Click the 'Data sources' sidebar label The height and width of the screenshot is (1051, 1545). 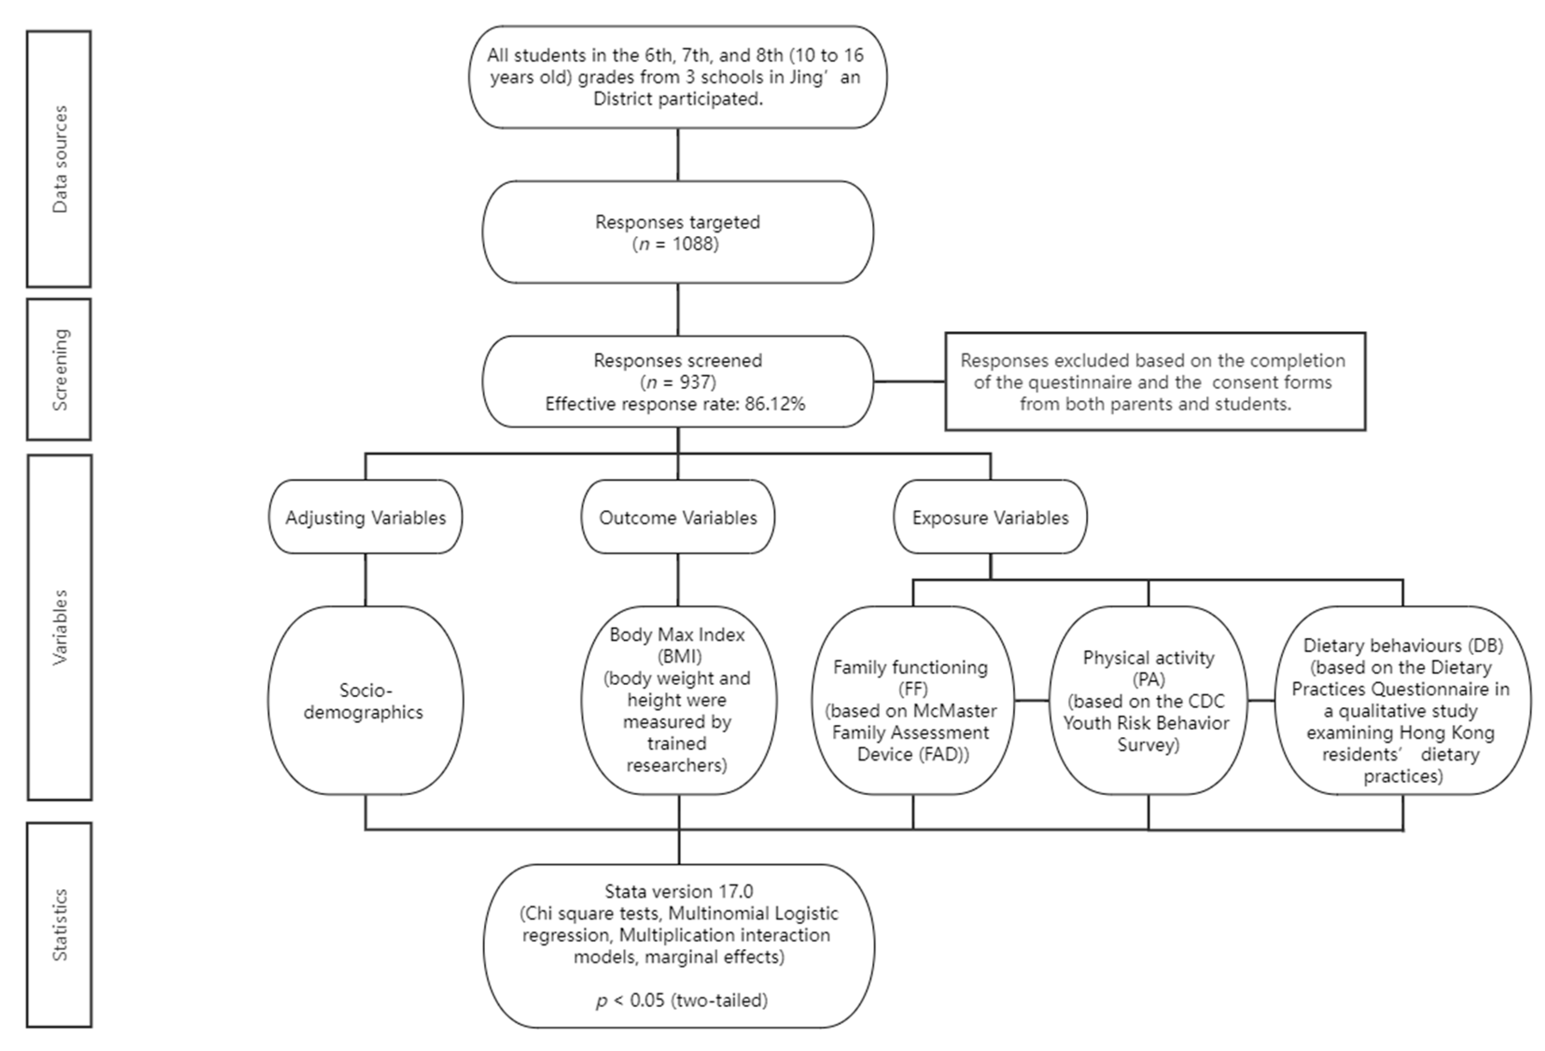tap(60, 159)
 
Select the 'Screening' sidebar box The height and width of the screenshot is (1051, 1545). tap(60, 369)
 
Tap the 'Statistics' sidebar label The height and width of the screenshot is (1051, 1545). tap(60, 925)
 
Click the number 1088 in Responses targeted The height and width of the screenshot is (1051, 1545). tap(695, 244)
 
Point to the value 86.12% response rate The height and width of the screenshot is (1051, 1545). tap(775, 404)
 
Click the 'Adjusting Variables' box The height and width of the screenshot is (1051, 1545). tap(366, 517)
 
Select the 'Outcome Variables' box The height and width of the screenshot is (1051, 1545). tap(678, 517)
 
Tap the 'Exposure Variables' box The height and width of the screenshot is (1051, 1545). tap(990, 517)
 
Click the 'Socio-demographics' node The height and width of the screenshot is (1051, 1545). tap(364, 701)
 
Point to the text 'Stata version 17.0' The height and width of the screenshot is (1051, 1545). tap(678, 891)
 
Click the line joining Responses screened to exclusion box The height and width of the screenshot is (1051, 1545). tap(909, 382)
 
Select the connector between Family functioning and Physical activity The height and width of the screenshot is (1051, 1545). tap(1031, 701)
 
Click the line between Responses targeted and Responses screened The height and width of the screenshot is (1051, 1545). tap(678, 309)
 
